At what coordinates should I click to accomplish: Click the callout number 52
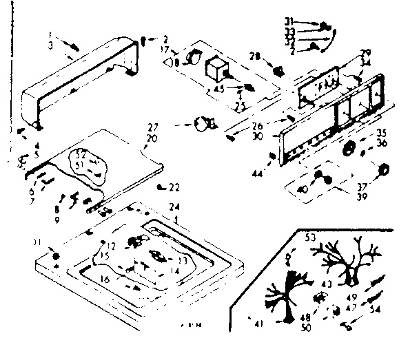click(81, 153)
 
